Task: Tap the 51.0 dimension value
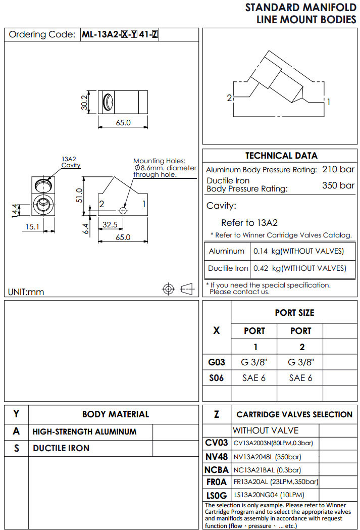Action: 79,195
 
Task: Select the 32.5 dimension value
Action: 110,224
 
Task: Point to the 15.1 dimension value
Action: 33,227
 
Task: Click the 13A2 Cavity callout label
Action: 71,162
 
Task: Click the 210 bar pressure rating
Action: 338,170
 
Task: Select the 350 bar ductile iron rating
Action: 338,185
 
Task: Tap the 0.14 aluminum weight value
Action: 260,251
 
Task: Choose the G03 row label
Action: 217,362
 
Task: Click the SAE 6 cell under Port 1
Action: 254,377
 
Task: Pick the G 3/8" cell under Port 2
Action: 300,362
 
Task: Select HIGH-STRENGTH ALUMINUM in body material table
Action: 84,432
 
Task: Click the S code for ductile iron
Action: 17,448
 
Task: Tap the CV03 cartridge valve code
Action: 217,443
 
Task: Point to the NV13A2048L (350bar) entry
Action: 267,457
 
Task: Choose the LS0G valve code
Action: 217,495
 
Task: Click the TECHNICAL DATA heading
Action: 281,156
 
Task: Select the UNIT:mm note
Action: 26,292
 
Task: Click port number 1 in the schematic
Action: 329,102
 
